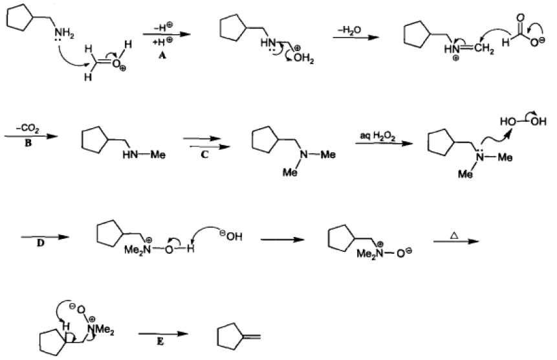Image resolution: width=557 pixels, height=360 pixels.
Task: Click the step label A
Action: point(160,56)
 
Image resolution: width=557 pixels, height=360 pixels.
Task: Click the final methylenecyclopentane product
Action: point(236,337)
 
